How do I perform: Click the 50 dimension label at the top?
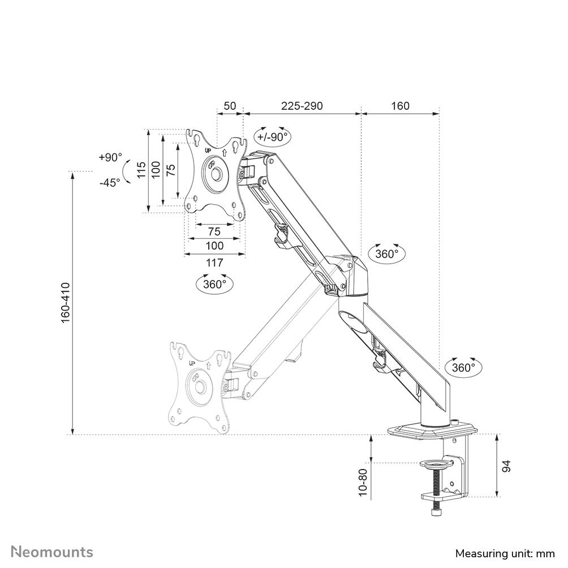(230, 106)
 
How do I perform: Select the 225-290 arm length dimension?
(302, 106)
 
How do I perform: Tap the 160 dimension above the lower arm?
(400, 106)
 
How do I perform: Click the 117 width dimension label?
(214, 263)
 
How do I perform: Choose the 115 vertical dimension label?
(141, 170)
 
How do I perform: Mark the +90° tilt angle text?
(110, 157)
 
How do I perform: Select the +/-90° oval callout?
(272, 136)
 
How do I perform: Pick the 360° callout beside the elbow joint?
(387, 254)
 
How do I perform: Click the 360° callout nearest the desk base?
(464, 367)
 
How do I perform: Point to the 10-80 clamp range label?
(363, 481)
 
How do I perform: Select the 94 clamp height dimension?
(507, 466)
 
